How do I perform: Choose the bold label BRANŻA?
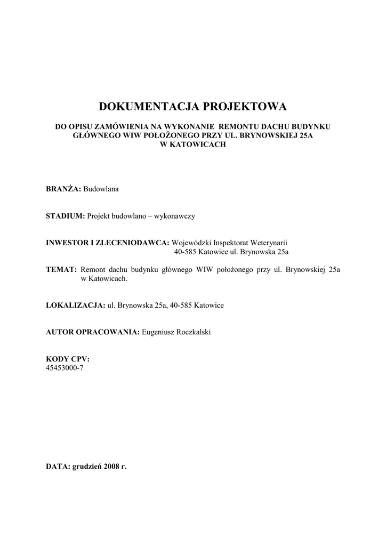63,189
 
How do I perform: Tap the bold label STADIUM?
66,216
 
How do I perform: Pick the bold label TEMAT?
62,270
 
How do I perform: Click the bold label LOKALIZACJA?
75,306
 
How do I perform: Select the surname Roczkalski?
199,332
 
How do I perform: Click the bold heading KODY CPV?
68,359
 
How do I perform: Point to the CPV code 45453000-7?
65,367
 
